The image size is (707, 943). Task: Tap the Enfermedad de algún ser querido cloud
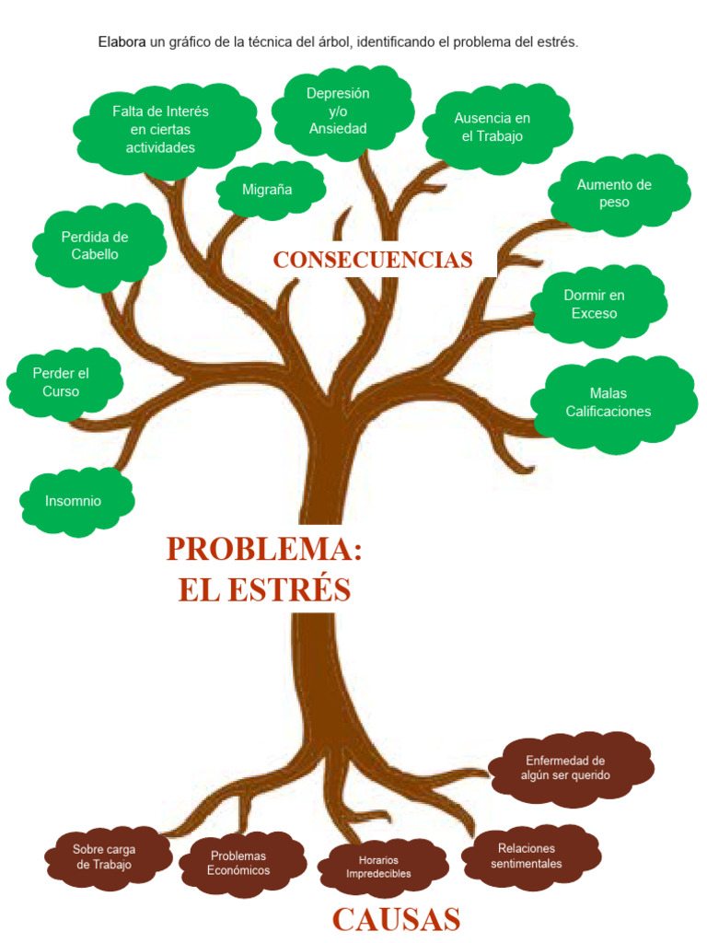point(571,768)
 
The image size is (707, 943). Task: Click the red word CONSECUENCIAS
point(373,260)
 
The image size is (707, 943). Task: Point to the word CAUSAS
point(397,920)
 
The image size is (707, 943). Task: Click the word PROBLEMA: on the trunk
point(264,549)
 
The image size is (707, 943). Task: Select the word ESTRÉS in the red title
point(289,590)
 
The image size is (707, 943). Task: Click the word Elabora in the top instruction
point(122,42)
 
